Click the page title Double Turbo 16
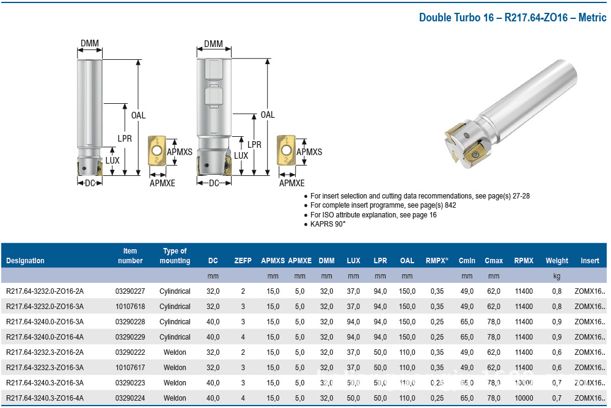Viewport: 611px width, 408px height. pyautogui.click(x=456, y=18)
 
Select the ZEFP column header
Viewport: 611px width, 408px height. pyautogui.click(x=243, y=261)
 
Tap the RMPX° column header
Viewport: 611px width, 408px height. pyautogui.click(x=437, y=261)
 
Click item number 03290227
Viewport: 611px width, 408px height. pyautogui.click(x=130, y=291)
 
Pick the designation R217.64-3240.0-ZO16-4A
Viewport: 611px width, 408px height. pyautogui.click(x=45, y=337)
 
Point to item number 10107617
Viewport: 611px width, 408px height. pyautogui.click(x=130, y=368)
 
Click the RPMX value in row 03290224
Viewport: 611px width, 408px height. pyautogui.click(x=524, y=398)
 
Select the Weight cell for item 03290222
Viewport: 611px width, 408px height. pyautogui.click(x=557, y=352)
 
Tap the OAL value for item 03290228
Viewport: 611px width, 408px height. pyautogui.click(x=407, y=322)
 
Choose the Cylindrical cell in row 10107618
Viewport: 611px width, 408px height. pyautogui.click(x=175, y=306)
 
